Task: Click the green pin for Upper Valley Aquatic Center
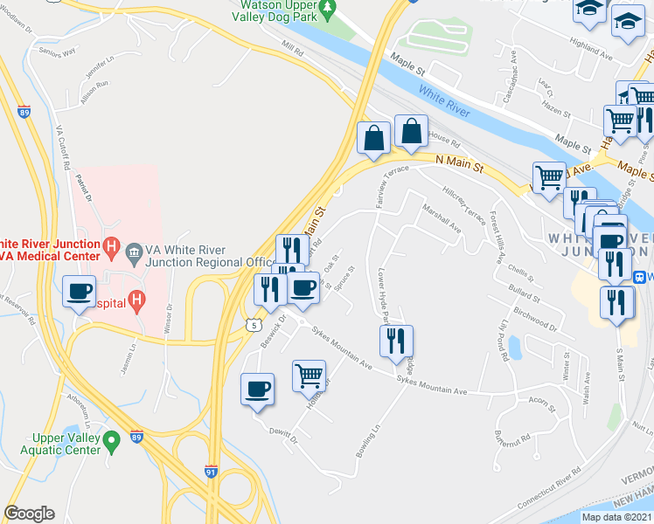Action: [111, 442]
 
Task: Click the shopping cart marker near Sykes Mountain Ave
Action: [310, 376]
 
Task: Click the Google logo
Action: [29, 514]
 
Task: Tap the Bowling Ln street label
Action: [371, 443]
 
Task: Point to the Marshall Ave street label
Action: [442, 219]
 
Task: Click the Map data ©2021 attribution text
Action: [616, 517]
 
